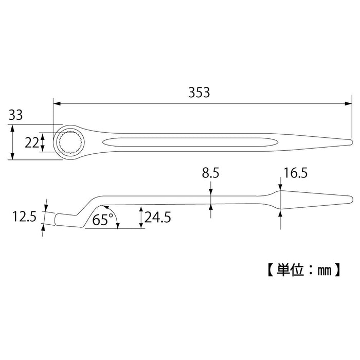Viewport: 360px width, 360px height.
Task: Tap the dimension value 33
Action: tap(15, 116)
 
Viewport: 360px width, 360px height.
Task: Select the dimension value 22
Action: tap(32, 142)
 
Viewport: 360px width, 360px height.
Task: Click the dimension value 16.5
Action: tap(295, 174)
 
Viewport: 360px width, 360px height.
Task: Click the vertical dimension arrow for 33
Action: tap(12, 142)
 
